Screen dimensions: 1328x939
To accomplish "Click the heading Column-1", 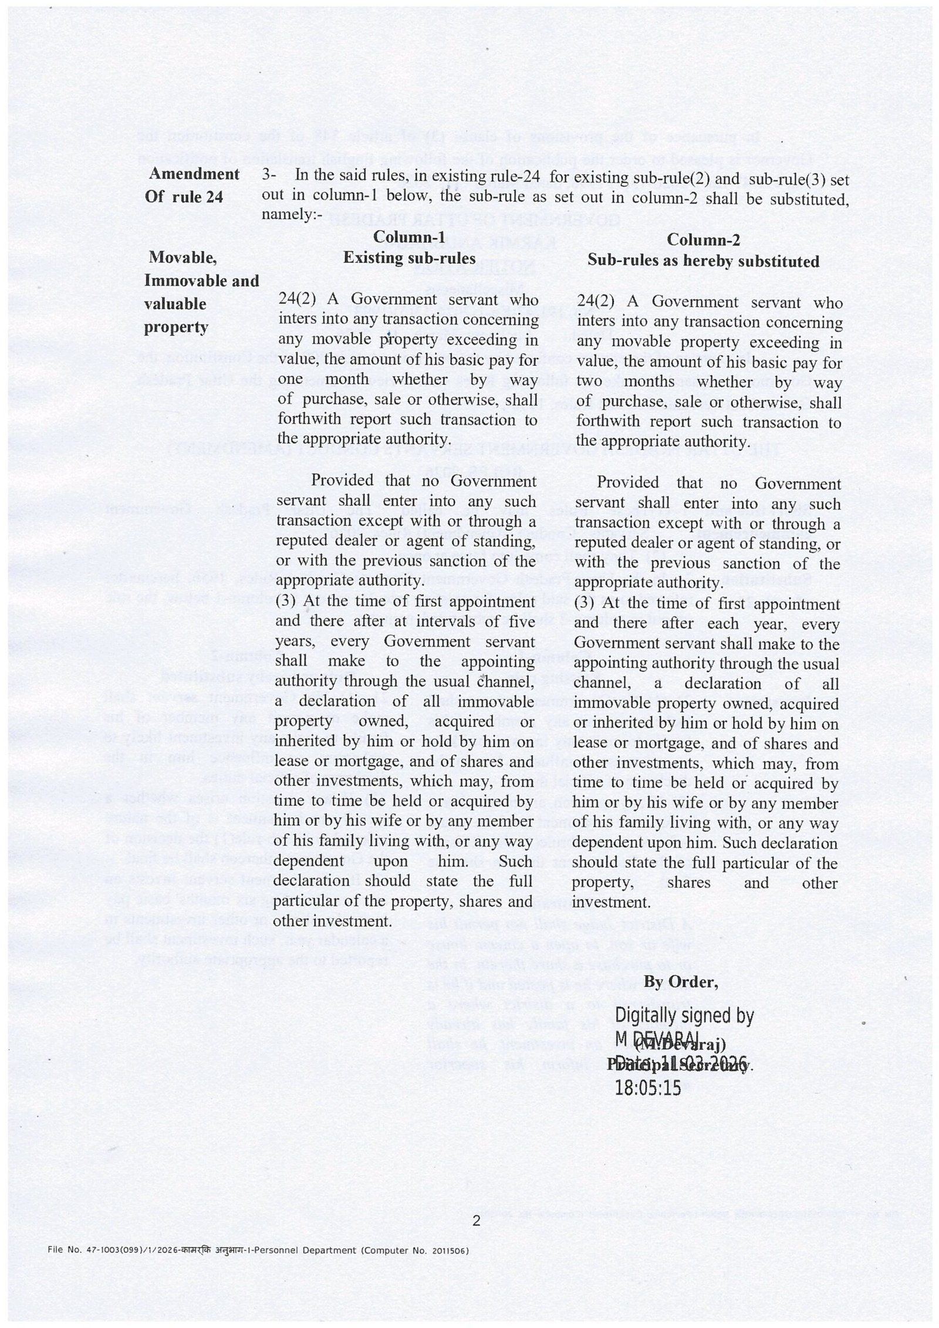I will [x=409, y=237].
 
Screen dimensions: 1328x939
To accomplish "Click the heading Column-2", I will [x=704, y=240].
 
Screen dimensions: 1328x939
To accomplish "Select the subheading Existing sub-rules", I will [x=409, y=258].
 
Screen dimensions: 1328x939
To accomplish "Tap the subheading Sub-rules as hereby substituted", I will [x=704, y=261].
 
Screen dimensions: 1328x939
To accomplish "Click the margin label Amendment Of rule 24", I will [x=192, y=185].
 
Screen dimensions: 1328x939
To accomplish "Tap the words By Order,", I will [x=681, y=981].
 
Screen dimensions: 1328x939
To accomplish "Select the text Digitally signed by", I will [x=684, y=1016].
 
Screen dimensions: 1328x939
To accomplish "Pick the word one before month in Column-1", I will [x=290, y=379].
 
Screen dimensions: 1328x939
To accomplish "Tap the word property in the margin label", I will [x=176, y=327].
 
